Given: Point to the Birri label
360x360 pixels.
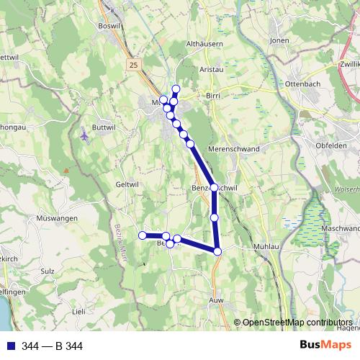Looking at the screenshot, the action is coord(212,95).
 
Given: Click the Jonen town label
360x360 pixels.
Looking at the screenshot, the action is coord(279,41).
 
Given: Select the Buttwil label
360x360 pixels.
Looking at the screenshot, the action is coord(104,127).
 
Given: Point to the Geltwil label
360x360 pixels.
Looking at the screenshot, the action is coord(126,184).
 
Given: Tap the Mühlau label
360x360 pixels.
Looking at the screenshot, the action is coord(266,247).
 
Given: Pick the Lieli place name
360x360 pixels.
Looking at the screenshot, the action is coord(78,311).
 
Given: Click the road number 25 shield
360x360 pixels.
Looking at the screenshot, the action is coord(133,65).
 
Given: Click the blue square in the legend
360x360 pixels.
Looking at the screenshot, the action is coord(11,346).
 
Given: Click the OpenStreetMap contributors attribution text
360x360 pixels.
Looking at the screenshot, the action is coord(297,322).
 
